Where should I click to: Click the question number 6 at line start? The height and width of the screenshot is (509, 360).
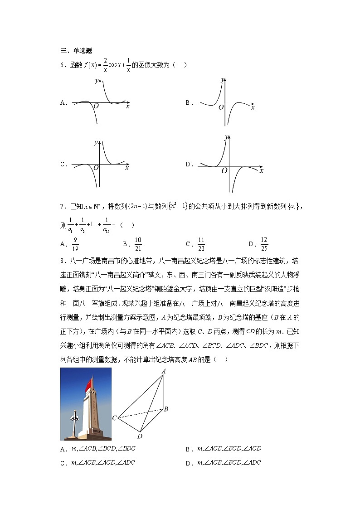[x=62, y=65]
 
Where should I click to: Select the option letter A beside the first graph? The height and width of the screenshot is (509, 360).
[x=63, y=103]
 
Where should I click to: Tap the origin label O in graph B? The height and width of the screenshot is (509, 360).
[x=221, y=107]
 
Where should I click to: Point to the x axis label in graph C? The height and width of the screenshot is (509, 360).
[x=127, y=168]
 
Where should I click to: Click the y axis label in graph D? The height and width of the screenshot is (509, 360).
[x=226, y=137]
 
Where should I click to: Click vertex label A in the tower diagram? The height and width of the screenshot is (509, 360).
[x=163, y=372]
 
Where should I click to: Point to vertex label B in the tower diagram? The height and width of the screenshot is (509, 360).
[x=166, y=409]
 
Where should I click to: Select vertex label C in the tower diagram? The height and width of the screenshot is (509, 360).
[x=115, y=418]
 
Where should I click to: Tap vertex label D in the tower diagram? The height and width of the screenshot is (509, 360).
[x=139, y=436]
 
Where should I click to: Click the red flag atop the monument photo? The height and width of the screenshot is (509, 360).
[x=89, y=385]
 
